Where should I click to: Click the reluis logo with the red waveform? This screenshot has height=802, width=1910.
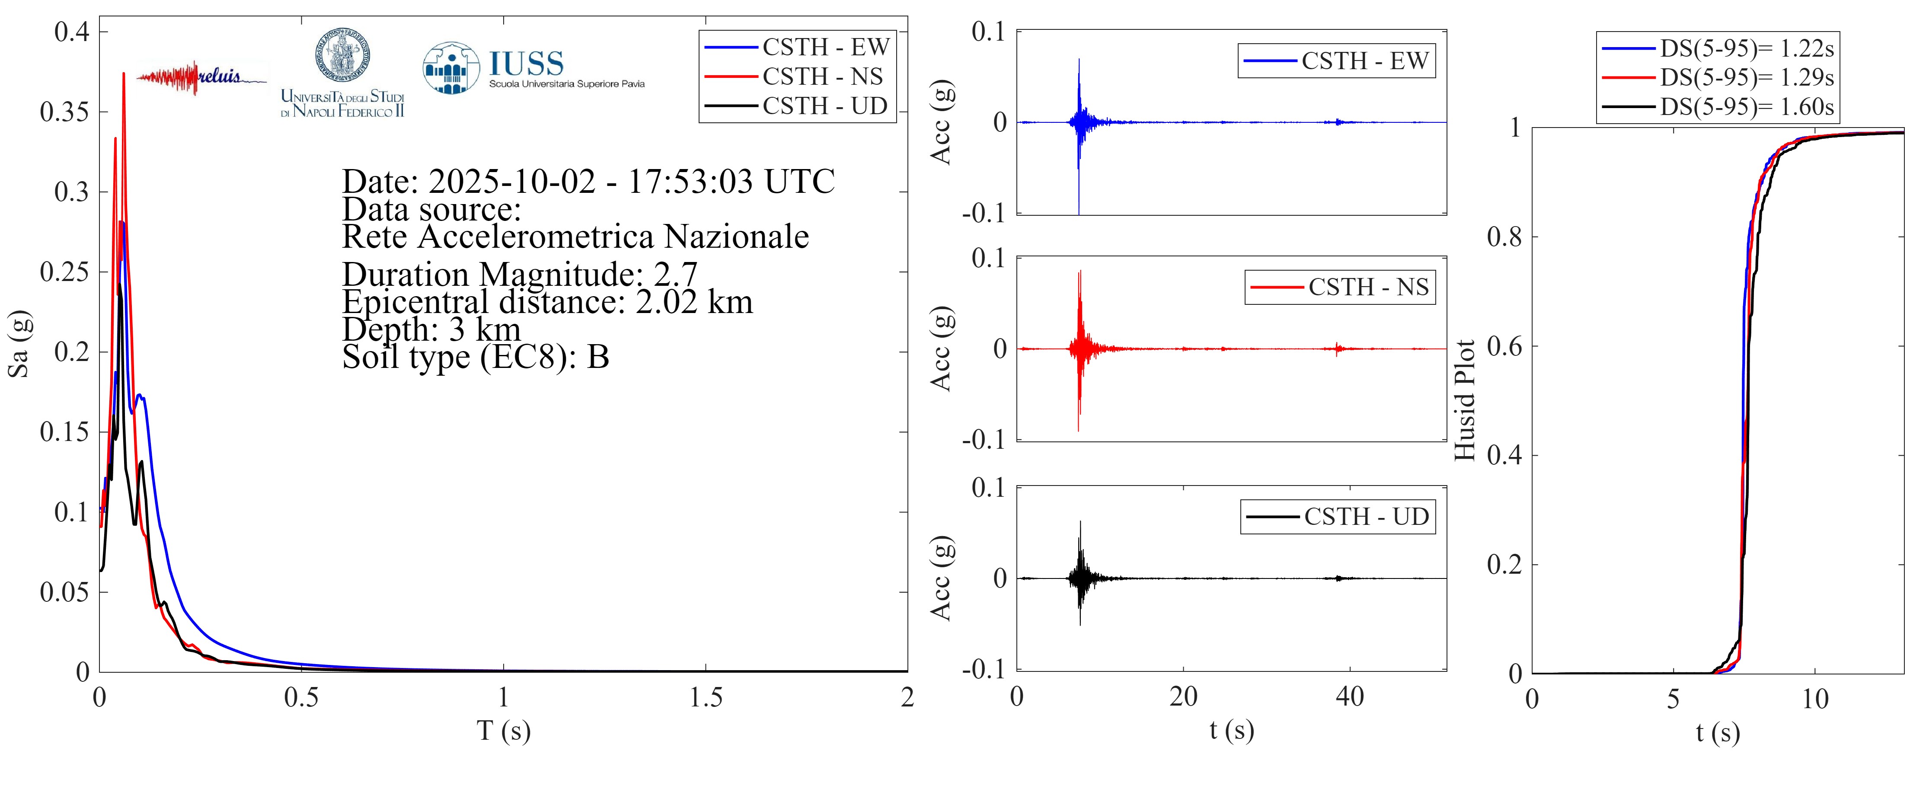pos(201,77)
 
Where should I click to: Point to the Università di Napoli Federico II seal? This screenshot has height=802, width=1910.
pos(342,56)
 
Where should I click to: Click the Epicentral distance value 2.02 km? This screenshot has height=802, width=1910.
pos(694,302)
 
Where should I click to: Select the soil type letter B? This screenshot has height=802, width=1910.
pos(597,357)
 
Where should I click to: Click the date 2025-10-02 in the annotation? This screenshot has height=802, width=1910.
pos(511,182)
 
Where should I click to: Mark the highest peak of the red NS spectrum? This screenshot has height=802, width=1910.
pos(124,73)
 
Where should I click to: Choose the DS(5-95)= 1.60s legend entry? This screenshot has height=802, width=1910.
pos(1746,107)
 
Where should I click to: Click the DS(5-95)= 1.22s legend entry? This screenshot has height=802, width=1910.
pos(1746,48)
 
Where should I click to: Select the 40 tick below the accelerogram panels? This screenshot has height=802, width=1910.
pos(1349,697)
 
